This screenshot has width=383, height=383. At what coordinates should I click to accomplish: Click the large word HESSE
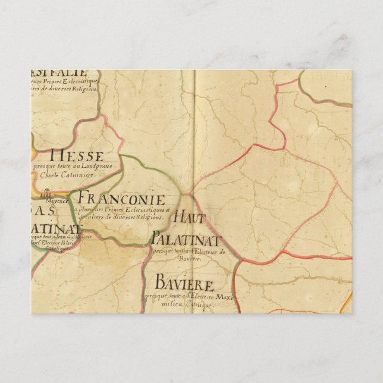[x=78, y=156]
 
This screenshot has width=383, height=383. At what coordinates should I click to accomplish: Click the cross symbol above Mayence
[x=45, y=193]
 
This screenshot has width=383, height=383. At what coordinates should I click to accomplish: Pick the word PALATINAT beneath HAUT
[x=186, y=240]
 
